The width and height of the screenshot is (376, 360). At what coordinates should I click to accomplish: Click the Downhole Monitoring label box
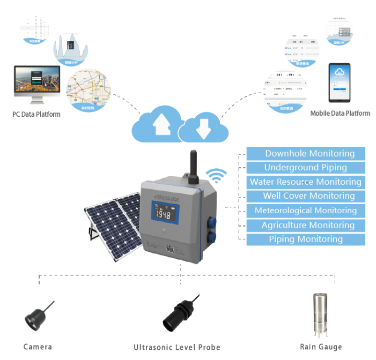(x=305, y=153)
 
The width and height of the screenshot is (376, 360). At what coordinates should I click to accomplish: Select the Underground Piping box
(x=305, y=168)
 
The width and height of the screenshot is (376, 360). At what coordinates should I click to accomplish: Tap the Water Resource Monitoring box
(x=305, y=182)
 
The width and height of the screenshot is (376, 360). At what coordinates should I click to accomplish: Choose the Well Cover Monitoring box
(x=305, y=196)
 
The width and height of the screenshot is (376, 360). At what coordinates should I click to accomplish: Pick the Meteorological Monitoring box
(x=305, y=210)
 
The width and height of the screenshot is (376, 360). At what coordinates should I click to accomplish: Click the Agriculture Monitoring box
(x=305, y=225)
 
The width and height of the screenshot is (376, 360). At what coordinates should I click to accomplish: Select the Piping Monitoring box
(x=305, y=239)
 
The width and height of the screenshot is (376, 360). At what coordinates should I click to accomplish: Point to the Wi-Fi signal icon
(x=217, y=177)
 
